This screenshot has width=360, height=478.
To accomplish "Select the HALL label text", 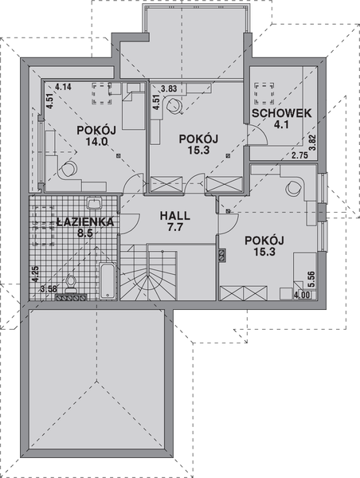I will (x=174, y=216).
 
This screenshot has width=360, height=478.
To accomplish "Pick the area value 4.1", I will (x=281, y=124).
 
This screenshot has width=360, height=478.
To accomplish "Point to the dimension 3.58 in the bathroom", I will (x=49, y=288).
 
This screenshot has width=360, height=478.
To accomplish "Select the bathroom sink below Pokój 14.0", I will (x=92, y=202).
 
